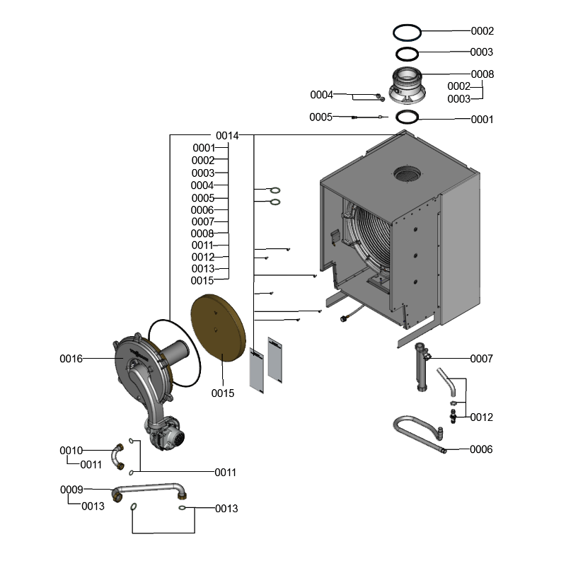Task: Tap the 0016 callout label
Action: click(71, 359)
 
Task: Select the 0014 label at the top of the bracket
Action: click(227, 135)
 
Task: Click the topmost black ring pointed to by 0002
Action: click(407, 32)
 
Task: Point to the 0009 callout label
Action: click(71, 490)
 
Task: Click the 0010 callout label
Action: click(71, 451)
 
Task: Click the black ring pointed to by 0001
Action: click(408, 117)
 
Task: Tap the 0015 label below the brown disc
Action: click(222, 393)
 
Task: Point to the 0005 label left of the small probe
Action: click(320, 117)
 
